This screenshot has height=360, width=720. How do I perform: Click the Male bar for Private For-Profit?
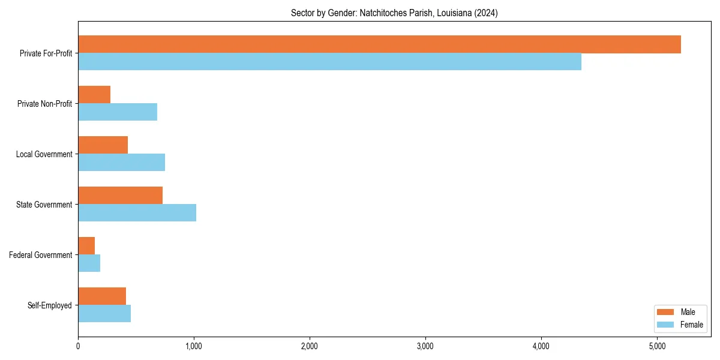pyautogui.click(x=379, y=44)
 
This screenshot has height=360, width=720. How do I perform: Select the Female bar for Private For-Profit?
pyautogui.click(x=329, y=62)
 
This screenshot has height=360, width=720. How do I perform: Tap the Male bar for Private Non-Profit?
pyautogui.click(x=94, y=95)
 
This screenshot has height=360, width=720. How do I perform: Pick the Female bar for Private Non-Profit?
pyautogui.click(x=118, y=112)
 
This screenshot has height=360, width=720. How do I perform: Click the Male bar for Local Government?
pyautogui.click(x=103, y=145)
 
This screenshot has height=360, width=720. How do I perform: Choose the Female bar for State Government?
pyautogui.click(x=137, y=213)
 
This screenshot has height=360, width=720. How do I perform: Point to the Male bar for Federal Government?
pyautogui.click(x=86, y=246)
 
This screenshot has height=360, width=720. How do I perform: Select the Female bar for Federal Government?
pyautogui.click(x=89, y=263)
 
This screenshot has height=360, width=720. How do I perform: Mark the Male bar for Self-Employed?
pyautogui.click(x=102, y=296)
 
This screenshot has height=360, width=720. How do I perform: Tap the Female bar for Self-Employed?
pyautogui.click(x=104, y=314)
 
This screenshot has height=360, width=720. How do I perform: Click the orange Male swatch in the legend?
pyautogui.click(x=665, y=312)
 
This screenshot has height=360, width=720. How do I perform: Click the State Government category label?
pyautogui.click(x=44, y=205)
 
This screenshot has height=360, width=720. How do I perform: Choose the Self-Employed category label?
pyautogui.click(x=49, y=305)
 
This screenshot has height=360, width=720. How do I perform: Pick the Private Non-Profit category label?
pyautogui.click(x=44, y=104)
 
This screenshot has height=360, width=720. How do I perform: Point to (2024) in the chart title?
pyautogui.click(x=486, y=13)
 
